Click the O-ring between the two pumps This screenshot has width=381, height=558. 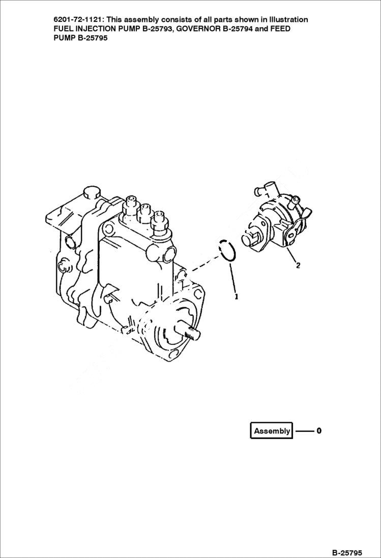[x=227, y=250]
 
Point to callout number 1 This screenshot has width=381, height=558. [x=236, y=296]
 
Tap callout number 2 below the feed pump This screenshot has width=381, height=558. [x=298, y=265]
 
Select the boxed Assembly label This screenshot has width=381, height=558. [x=272, y=431]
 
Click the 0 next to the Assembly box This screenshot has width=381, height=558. [x=318, y=431]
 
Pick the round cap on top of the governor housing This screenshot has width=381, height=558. [x=92, y=193]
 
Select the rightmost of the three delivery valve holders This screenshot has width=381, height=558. [x=161, y=219]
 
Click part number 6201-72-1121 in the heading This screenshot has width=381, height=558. [x=78, y=19]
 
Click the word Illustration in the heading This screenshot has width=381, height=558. [x=285, y=19]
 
